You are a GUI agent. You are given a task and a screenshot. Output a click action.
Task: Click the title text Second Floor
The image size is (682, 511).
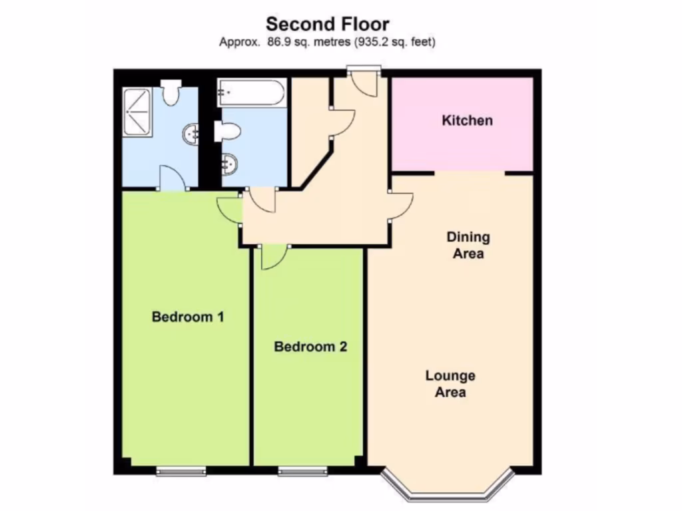(328, 25)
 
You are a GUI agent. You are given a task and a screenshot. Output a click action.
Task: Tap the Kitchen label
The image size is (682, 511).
(468, 120)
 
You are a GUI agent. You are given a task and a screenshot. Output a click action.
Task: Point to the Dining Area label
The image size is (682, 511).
(468, 246)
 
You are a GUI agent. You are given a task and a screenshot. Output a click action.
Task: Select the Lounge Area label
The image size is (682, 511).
(450, 384)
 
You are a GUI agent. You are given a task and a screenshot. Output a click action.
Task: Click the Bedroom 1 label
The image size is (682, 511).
(188, 317)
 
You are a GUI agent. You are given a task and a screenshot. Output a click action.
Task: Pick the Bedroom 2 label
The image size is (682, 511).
(311, 347)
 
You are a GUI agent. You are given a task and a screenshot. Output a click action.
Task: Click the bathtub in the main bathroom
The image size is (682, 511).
(251, 92)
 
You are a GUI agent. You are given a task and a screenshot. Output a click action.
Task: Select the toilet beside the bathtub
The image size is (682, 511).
(226, 131)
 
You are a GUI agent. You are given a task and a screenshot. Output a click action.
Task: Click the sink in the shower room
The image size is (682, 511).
(190, 135)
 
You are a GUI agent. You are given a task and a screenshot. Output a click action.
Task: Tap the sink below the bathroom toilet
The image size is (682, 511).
(227, 163)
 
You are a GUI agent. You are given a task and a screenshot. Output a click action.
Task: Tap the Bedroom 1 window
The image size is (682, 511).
(181, 472)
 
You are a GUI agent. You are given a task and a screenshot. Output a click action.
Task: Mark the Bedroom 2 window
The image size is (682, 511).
(303, 472)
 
